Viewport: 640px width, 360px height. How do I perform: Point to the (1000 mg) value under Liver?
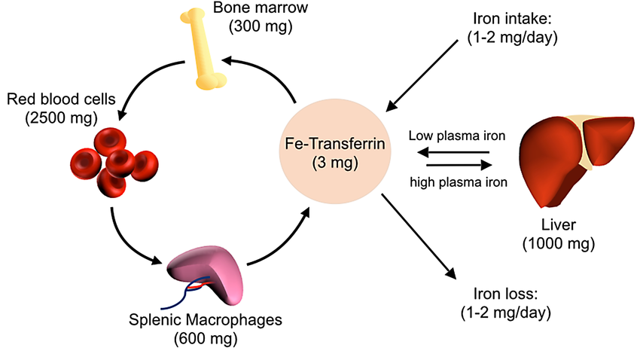point(559,243)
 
